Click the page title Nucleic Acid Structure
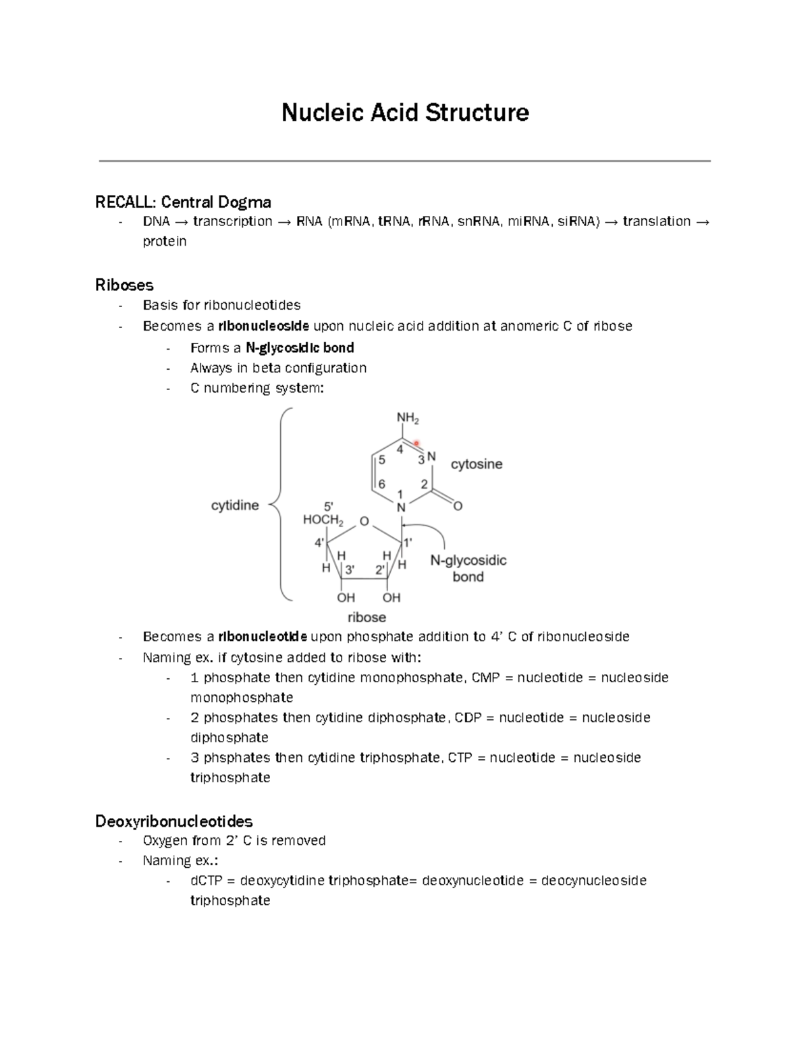(x=405, y=112)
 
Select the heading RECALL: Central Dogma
(x=183, y=202)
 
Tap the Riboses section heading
(x=124, y=285)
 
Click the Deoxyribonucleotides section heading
(x=173, y=821)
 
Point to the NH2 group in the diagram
(x=408, y=419)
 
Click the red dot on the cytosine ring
(x=416, y=443)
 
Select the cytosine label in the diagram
(x=477, y=464)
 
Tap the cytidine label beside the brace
(x=235, y=505)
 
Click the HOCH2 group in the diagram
(x=323, y=521)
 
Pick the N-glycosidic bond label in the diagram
(x=468, y=568)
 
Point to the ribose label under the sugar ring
(x=367, y=617)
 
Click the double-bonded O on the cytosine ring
(x=458, y=506)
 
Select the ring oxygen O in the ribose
(x=364, y=521)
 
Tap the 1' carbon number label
(x=407, y=542)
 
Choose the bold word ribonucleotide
(x=263, y=637)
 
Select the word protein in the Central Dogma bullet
(x=164, y=242)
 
